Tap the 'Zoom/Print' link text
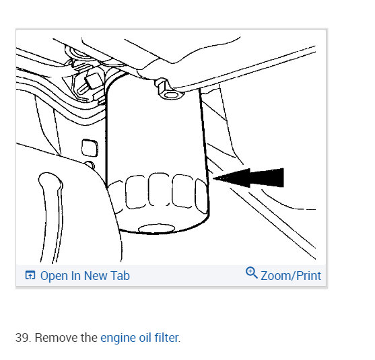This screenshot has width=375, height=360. coord(291,275)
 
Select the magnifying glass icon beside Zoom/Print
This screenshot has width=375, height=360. coord(252,273)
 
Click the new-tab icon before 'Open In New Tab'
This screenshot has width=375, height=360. coord(30,275)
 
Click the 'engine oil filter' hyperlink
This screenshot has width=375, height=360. coord(139,337)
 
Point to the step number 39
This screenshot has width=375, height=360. coord(22,337)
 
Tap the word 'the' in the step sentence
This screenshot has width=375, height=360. coord(88,337)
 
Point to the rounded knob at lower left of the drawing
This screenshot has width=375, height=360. coord(49,186)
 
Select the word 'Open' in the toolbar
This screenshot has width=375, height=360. coord(53,275)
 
